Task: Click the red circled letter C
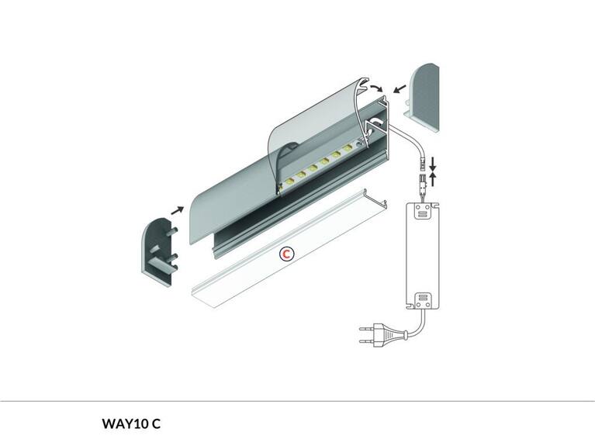tap(287, 254)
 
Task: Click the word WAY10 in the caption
tap(125, 424)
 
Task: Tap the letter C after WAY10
tap(156, 424)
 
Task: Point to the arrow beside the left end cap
tap(178, 209)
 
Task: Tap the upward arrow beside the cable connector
tap(432, 179)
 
